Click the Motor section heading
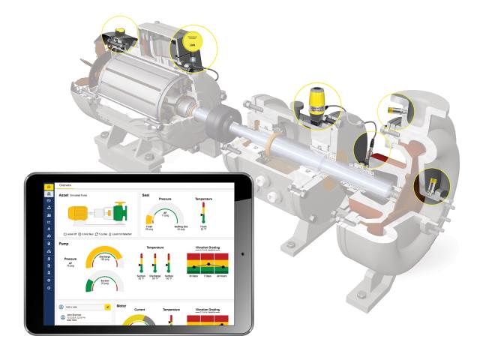(x=126, y=306)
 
